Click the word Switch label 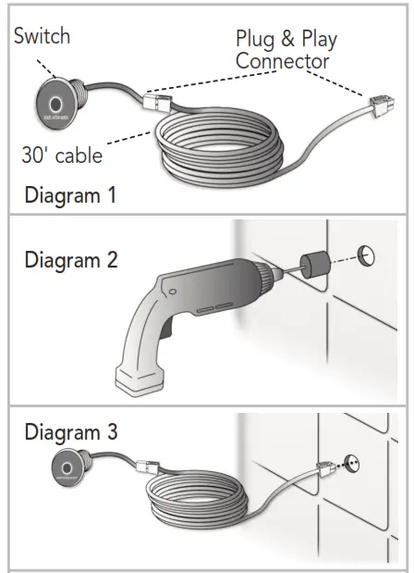42,38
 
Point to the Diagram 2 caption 71,260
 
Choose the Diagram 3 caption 71,431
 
